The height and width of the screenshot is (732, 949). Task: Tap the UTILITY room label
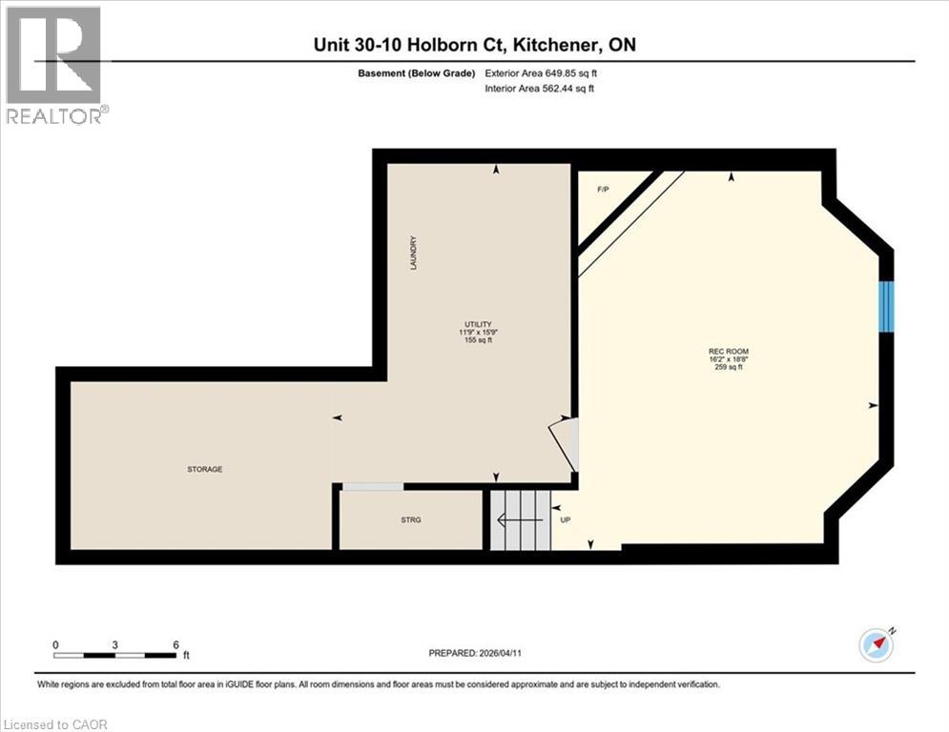(x=478, y=324)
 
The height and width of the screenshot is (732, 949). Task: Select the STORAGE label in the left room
(x=205, y=469)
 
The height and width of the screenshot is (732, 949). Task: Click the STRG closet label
(x=411, y=519)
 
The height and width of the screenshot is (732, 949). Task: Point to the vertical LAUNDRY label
(x=414, y=253)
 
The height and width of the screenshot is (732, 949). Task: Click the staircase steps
(x=521, y=520)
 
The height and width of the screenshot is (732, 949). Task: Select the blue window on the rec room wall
(x=887, y=306)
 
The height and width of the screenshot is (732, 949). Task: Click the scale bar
(x=115, y=655)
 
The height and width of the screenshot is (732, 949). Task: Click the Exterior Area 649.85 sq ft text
(x=547, y=73)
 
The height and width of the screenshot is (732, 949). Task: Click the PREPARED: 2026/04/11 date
(x=483, y=653)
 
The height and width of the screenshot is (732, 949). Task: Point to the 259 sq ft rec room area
(x=727, y=367)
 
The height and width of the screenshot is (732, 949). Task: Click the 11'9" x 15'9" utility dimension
(x=478, y=332)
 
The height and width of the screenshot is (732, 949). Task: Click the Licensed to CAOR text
(x=56, y=724)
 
